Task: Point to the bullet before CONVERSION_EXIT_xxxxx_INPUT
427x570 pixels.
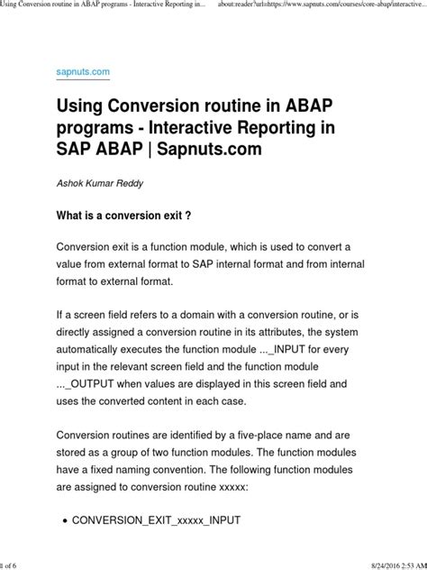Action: coord(61,521)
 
